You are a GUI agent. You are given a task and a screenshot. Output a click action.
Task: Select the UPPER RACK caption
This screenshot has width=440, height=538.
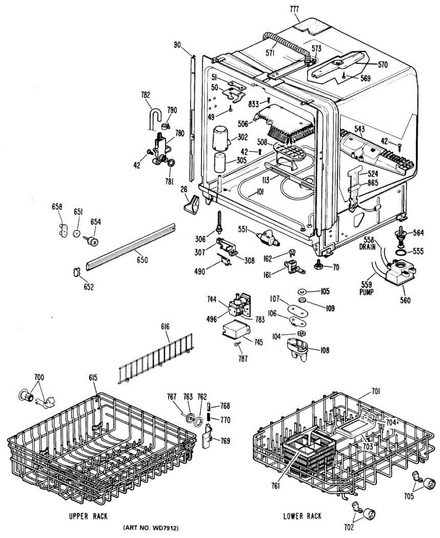pyautogui.click(x=88, y=516)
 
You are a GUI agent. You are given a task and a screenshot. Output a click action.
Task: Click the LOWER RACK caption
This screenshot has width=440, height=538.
pyautogui.click(x=302, y=516)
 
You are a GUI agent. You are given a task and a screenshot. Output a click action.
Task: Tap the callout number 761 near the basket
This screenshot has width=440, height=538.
pyautogui.click(x=275, y=486)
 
